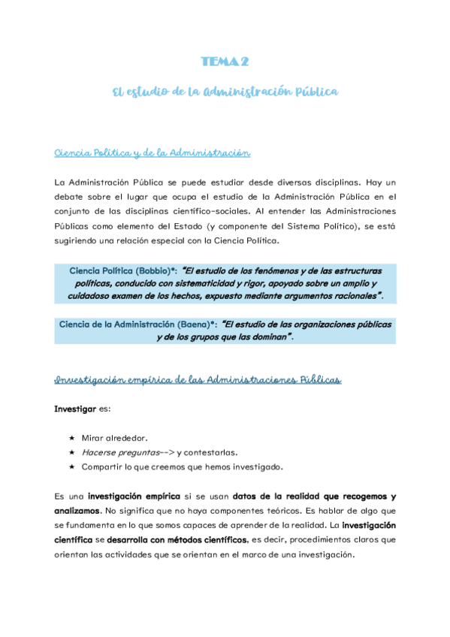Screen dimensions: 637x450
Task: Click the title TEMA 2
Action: point(225,62)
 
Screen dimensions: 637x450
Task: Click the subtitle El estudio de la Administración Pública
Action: point(225,92)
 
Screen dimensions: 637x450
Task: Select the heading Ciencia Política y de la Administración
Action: point(152,153)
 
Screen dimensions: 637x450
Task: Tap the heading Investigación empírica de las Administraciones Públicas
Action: point(198,381)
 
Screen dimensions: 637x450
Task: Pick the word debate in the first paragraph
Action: point(72,196)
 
